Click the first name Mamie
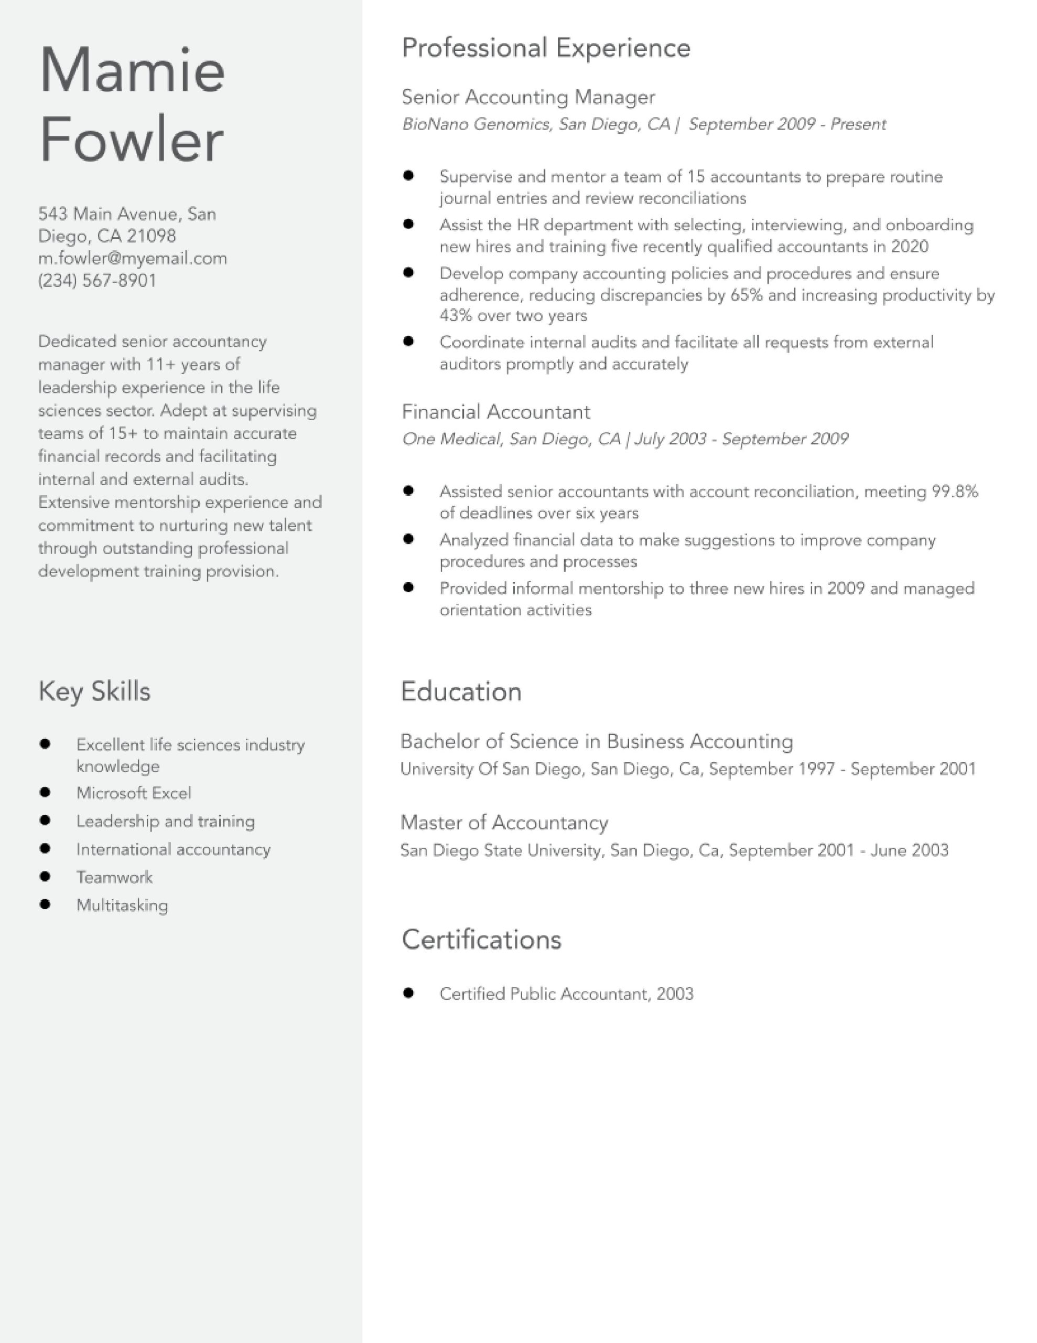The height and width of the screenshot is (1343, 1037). coord(132,70)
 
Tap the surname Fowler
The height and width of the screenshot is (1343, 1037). coord(131,139)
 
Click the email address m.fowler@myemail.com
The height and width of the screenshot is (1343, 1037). coord(132,258)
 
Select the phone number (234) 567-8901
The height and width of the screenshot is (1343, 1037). coord(97,281)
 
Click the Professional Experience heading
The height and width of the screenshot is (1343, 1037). coord(546,48)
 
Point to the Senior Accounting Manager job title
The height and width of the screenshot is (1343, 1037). coord(528,97)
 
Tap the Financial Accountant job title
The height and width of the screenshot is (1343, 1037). coord(495,411)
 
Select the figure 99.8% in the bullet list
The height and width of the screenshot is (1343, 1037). coord(955,492)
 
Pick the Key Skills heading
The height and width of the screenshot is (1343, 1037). coord(94,691)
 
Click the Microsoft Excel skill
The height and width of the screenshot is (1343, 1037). coord(133,793)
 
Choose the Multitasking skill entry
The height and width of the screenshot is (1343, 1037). coord(122,905)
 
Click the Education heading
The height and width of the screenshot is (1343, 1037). coord(461,692)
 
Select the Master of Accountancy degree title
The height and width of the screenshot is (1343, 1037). coord(504,822)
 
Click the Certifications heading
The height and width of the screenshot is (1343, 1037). coord(481,940)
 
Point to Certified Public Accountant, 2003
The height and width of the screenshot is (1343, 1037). coord(566,994)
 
